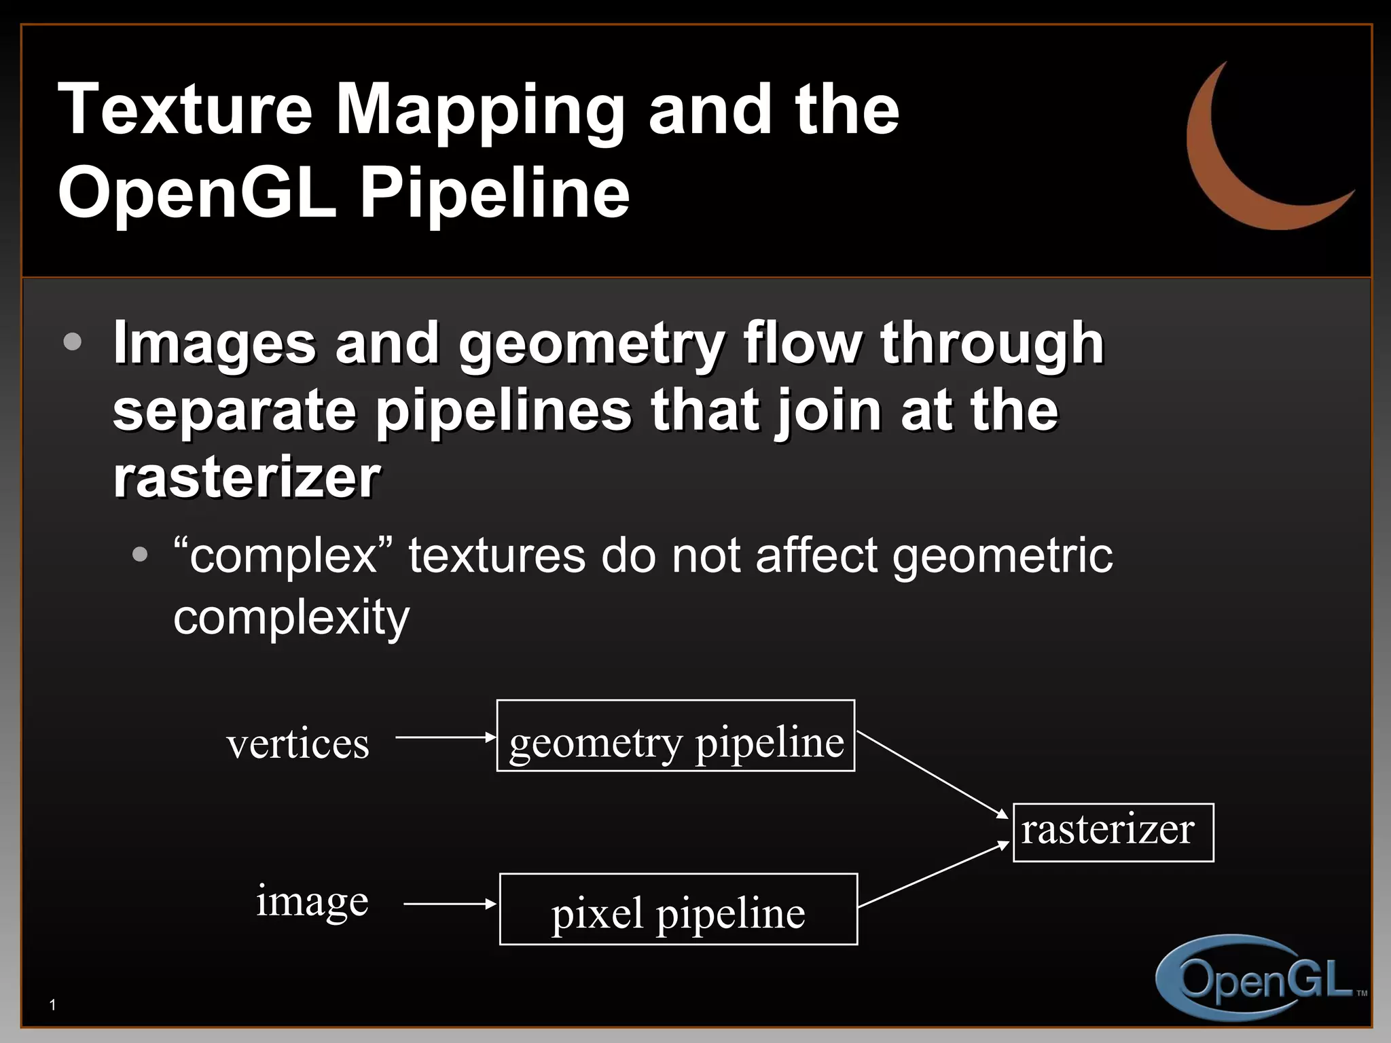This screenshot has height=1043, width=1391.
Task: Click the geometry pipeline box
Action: click(676, 736)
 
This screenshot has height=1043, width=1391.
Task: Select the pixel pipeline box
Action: click(679, 909)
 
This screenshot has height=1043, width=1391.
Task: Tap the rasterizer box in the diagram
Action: click(1113, 832)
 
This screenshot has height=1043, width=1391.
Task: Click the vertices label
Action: click(298, 744)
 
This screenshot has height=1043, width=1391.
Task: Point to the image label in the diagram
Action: click(312, 902)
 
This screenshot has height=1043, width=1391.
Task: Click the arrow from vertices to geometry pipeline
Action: click(446, 737)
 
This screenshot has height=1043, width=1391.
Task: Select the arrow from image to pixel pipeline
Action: click(450, 904)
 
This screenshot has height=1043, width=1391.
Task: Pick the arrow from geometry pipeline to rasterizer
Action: click(932, 774)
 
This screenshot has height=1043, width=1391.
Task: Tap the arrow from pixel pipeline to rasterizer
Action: click(933, 875)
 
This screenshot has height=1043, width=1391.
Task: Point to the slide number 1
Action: click(53, 1005)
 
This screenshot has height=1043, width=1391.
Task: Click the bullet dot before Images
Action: click(73, 342)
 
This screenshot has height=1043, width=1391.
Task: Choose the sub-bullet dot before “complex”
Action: click(140, 555)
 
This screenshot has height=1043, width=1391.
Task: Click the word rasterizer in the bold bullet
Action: click(247, 477)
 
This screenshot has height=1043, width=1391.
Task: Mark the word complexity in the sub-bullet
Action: click(291, 618)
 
